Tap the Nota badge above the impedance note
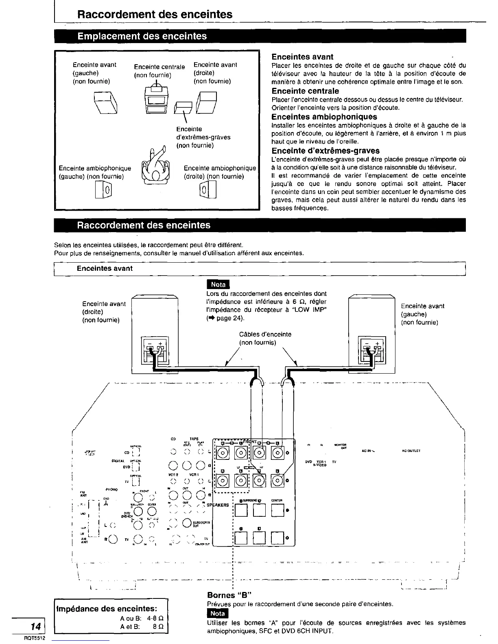218,285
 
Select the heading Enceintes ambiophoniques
324,117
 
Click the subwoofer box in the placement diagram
183,107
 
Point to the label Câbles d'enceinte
265,334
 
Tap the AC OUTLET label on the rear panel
411,451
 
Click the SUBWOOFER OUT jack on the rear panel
187,523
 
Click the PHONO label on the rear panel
112,490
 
